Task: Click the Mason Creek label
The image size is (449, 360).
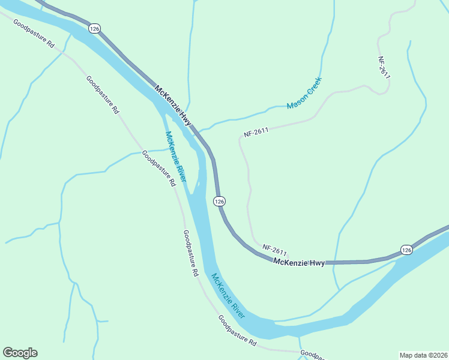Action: pyautogui.click(x=304, y=93)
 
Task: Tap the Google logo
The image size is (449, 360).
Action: pyautogui.click(x=20, y=352)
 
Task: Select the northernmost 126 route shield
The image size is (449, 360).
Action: pyautogui.click(x=94, y=28)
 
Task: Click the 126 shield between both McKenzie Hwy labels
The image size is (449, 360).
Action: pyautogui.click(x=220, y=202)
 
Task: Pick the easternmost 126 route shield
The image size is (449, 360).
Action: pyautogui.click(x=406, y=250)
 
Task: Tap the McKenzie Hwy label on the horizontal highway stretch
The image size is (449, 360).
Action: pyautogui.click(x=299, y=262)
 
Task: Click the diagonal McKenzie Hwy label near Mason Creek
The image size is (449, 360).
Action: pyautogui.click(x=173, y=106)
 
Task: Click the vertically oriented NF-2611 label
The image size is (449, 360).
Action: pyautogui.click(x=384, y=68)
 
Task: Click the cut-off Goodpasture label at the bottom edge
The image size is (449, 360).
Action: pyautogui.click(x=313, y=355)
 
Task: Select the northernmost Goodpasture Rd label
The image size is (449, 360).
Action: pyautogui.click(x=34, y=36)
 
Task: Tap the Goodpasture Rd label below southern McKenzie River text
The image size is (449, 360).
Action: pyautogui.click(x=237, y=331)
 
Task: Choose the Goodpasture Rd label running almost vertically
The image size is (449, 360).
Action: pyautogui.click(x=191, y=253)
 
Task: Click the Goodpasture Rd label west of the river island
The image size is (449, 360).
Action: pyautogui.click(x=158, y=168)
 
